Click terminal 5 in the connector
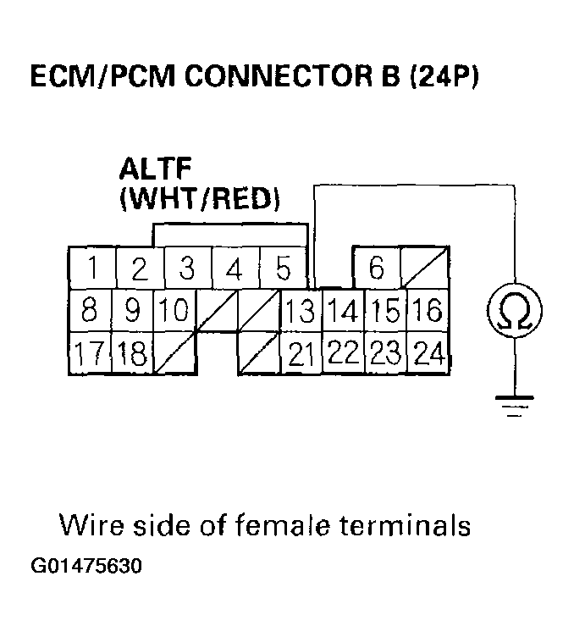(284, 270)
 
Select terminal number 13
(299, 311)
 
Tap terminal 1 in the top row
(92, 270)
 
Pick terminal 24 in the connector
(430, 352)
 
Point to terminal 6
(377, 269)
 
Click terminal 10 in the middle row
(174, 311)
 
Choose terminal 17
(90, 352)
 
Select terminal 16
(429, 311)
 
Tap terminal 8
(90, 311)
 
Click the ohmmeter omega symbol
(512, 311)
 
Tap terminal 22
(343, 352)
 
